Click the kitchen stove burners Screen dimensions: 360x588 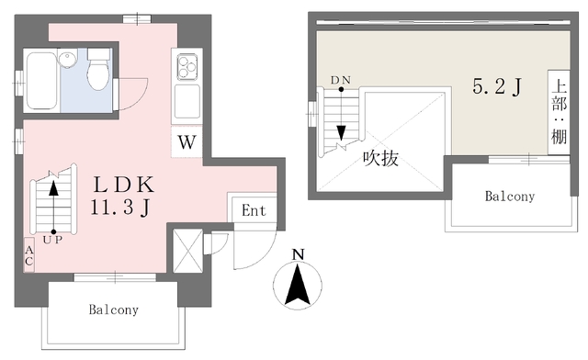coord(187,65)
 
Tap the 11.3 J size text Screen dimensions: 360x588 coord(120,209)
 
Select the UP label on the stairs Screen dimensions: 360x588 coord(52,241)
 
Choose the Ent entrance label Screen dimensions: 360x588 coord(254,210)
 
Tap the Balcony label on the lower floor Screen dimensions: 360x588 coord(113,309)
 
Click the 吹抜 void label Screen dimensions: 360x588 coord(379,158)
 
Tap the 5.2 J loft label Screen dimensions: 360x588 coord(497,87)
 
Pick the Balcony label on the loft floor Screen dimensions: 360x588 coord(510,197)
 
